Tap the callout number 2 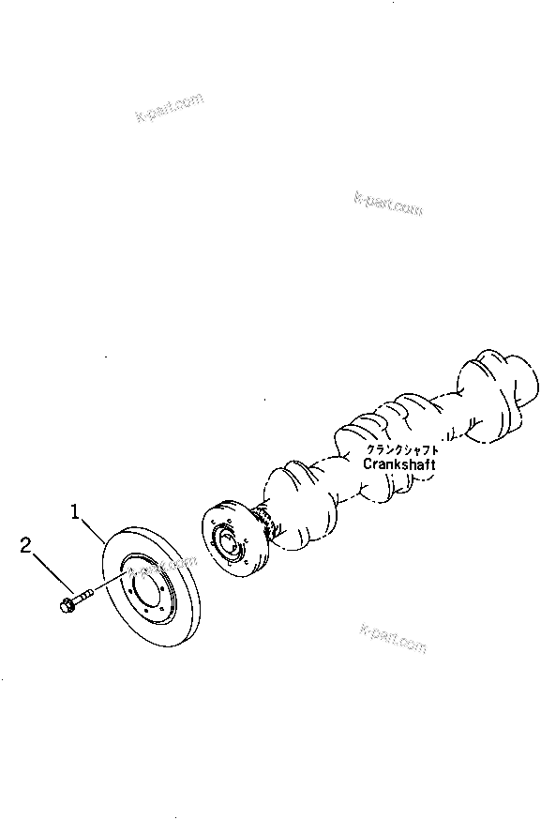point(27,545)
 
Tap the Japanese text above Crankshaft point(400,448)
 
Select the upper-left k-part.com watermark point(168,112)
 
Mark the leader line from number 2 point(49,570)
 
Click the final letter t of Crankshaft point(432,463)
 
